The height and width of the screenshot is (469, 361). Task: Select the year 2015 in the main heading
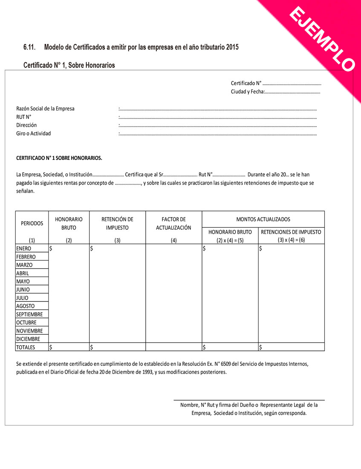[232, 47]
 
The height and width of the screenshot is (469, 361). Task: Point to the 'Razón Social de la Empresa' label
[45, 109]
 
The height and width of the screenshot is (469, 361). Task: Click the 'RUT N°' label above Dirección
[24, 117]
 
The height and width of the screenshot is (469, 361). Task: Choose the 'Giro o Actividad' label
[33, 133]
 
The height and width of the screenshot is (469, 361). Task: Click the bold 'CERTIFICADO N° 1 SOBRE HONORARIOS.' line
[59, 158]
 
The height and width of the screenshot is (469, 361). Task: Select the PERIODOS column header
[32, 223]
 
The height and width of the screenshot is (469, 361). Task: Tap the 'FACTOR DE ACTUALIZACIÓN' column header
[173, 223]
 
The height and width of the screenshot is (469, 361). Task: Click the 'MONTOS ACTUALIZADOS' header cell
[263, 219]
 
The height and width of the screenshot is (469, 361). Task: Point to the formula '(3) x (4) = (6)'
[291, 240]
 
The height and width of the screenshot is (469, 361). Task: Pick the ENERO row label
[24, 249]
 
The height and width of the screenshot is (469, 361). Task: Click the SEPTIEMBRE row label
[29, 314]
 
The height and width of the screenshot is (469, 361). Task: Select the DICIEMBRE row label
[28, 339]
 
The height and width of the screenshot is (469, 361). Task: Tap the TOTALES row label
[26, 347]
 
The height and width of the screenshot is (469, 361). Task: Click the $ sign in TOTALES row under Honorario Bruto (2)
[51, 347]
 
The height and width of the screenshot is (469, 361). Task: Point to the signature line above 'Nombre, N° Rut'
[249, 400]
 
